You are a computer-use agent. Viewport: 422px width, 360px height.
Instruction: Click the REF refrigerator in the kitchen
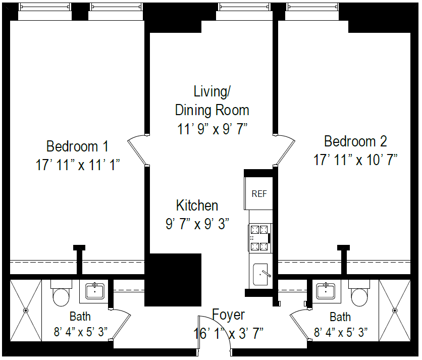(x=259, y=193)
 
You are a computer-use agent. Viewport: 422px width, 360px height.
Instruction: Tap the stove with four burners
(x=260, y=238)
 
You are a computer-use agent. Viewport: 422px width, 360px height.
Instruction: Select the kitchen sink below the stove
(x=261, y=273)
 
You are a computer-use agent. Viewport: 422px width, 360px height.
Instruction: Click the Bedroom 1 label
(x=77, y=146)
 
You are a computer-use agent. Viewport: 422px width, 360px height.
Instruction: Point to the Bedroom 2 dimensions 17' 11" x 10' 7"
(x=356, y=160)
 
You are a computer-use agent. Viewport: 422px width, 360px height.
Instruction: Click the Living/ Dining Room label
(x=212, y=100)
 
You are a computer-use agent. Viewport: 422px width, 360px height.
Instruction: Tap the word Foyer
(x=228, y=315)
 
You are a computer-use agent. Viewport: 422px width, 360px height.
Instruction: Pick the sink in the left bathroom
(x=94, y=291)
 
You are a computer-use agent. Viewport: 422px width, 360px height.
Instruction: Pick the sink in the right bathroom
(x=326, y=291)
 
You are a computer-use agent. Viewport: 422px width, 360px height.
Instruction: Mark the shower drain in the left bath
(x=26, y=310)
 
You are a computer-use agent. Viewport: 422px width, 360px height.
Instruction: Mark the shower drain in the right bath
(x=395, y=310)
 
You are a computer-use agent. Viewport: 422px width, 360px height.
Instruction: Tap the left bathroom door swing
(x=121, y=323)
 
